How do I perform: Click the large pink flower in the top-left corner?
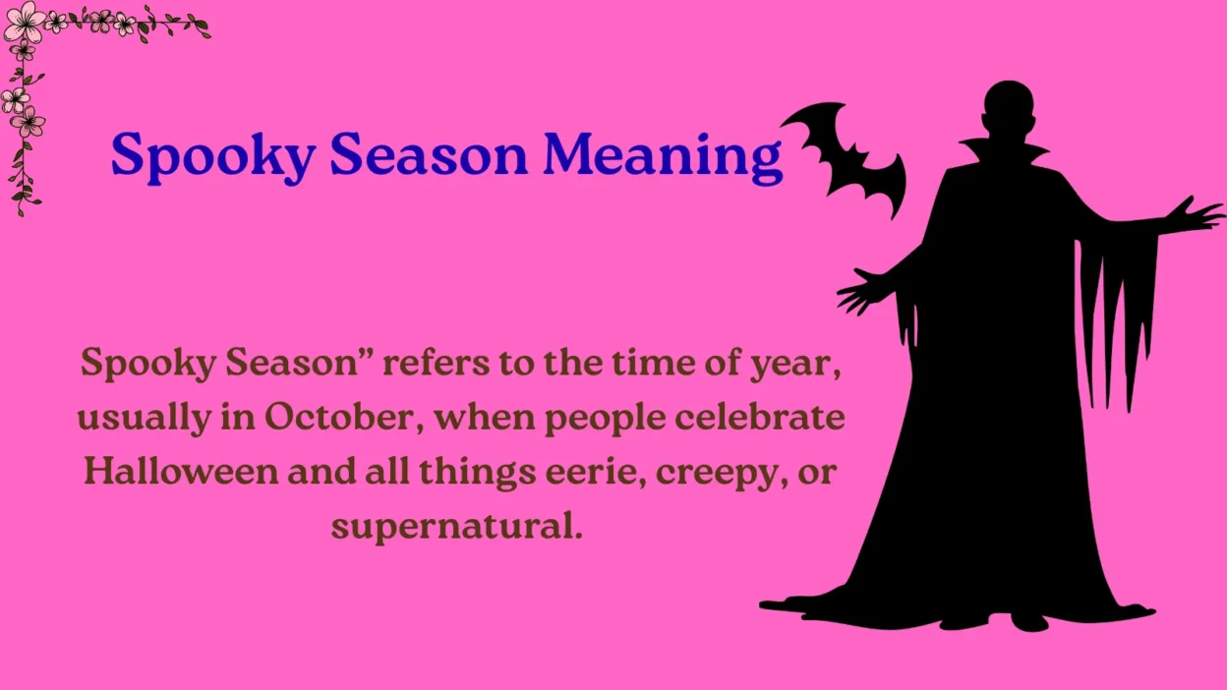pos(24,21)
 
